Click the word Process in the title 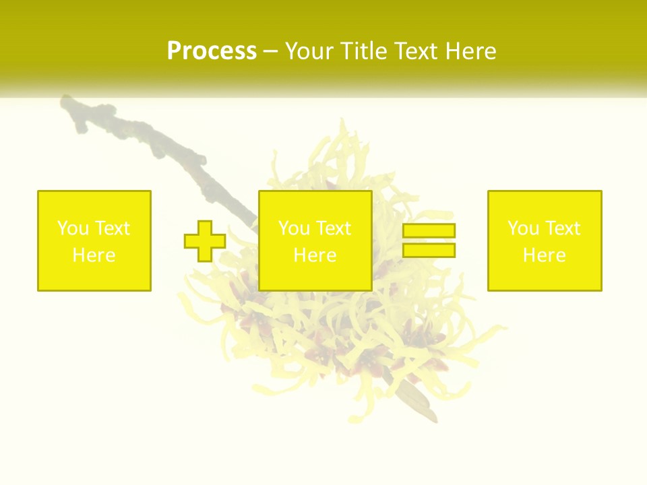(x=212, y=51)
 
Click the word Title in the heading (x=363, y=51)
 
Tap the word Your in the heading (x=310, y=51)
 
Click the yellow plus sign (x=205, y=240)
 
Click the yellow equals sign (x=429, y=240)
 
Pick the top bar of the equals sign (x=429, y=231)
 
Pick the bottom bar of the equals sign (x=429, y=250)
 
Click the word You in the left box (x=73, y=228)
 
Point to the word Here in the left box (x=94, y=255)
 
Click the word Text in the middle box (x=334, y=228)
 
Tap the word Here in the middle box (x=315, y=255)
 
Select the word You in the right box (x=523, y=228)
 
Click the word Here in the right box (x=545, y=255)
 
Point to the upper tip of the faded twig (x=66, y=101)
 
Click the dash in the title (x=271, y=52)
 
